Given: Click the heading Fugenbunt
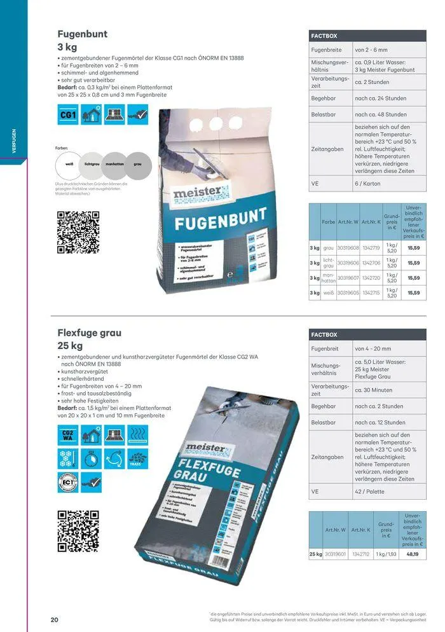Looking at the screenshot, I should click(83, 34).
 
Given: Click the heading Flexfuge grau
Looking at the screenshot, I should click(90, 333).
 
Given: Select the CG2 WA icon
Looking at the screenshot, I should click(68, 436).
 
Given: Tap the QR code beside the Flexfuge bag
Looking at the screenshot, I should click(74, 528).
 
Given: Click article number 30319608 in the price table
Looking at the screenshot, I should click(348, 248).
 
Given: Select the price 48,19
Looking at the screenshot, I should click(413, 554).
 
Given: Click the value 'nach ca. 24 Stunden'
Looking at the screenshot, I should click(381, 99).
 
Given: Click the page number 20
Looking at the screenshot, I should click(55, 619).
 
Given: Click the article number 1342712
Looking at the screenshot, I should click(361, 554).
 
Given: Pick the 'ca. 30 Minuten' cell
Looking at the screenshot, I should click(374, 390).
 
